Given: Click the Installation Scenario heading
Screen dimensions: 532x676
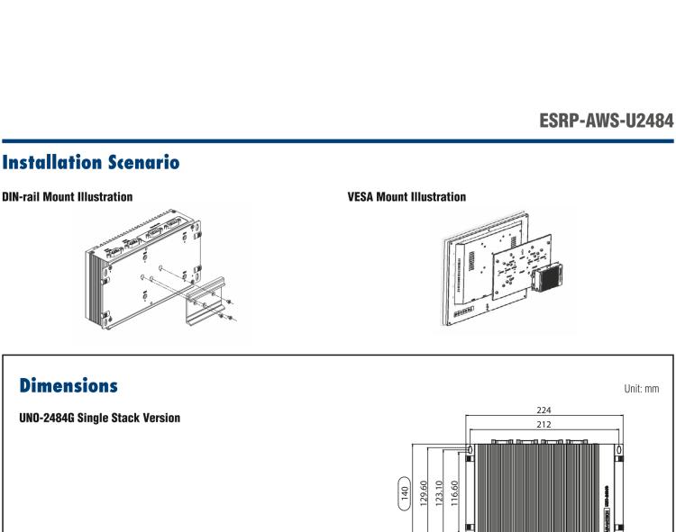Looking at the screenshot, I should [x=90, y=163].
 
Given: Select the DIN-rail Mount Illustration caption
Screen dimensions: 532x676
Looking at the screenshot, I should [x=67, y=195].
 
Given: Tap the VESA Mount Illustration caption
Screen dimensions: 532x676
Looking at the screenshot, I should [x=407, y=195].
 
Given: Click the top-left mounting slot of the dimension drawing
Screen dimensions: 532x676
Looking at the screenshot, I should [x=470, y=449].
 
